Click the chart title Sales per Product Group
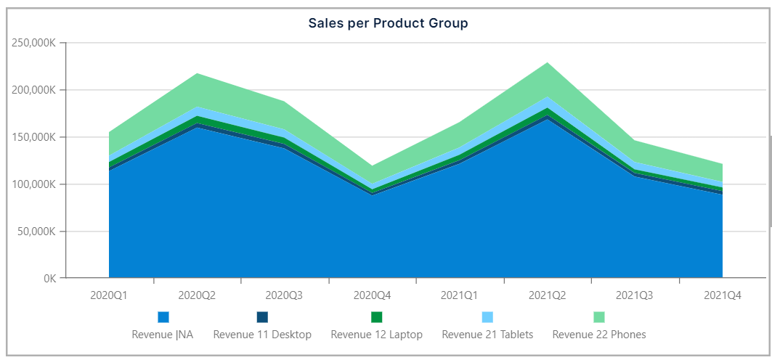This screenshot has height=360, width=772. [x=388, y=23]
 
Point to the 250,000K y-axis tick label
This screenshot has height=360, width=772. [x=35, y=43]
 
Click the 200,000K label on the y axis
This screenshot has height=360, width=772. [x=35, y=90]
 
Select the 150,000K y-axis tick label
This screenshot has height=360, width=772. [x=35, y=137]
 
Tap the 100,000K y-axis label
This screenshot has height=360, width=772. [x=35, y=184]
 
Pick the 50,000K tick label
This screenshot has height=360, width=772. [x=37, y=232]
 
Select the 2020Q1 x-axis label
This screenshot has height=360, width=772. [x=109, y=295]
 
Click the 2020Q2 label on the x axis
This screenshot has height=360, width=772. [x=197, y=295]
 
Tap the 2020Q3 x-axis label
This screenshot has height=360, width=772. [x=284, y=295]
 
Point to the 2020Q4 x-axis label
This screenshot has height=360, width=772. [x=372, y=295]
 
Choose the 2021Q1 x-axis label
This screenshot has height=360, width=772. [x=459, y=295]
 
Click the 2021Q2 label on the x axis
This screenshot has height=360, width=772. [x=547, y=295]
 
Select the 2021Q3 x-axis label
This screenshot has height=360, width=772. [x=634, y=295]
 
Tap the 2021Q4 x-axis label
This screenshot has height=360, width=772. [x=722, y=295]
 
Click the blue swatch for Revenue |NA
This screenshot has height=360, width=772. [x=163, y=317]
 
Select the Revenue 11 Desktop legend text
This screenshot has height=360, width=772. [x=262, y=335]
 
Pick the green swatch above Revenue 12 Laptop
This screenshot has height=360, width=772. [x=376, y=317]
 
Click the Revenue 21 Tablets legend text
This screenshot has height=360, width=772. [x=487, y=335]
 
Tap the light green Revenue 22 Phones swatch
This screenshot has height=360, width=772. [x=599, y=317]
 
